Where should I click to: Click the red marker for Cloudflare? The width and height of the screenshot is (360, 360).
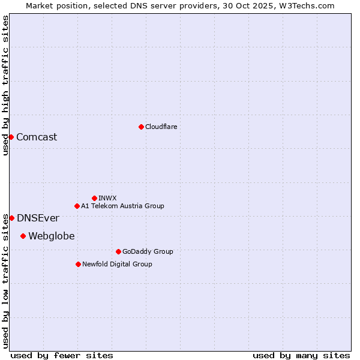point(141,127)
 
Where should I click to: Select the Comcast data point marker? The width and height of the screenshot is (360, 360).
point(11,137)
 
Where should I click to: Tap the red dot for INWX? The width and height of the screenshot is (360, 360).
point(94,198)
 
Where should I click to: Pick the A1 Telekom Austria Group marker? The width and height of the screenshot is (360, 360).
point(77,206)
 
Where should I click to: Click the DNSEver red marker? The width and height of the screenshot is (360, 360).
point(11,218)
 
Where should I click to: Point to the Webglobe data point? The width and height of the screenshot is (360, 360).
point(23,236)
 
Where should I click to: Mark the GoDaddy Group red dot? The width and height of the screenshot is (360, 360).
point(118,251)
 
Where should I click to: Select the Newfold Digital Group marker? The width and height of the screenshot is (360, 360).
point(78,264)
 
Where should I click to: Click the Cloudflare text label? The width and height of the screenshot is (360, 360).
point(161,127)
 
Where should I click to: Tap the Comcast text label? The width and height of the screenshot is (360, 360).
point(37,137)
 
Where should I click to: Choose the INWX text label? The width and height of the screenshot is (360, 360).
point(108,198)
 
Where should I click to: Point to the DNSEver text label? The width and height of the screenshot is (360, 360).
point(38,218)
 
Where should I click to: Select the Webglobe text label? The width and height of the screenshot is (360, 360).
point(52,236)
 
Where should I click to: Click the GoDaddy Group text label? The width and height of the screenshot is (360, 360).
point(148,251)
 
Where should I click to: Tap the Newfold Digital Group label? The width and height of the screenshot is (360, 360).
point(117,264)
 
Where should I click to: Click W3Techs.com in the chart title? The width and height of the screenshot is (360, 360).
point(306,5)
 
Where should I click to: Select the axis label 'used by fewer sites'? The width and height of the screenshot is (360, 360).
point(62,355)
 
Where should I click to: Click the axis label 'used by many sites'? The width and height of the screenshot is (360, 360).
point(301,355)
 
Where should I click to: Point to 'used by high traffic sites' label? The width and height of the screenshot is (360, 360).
point(5,86)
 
